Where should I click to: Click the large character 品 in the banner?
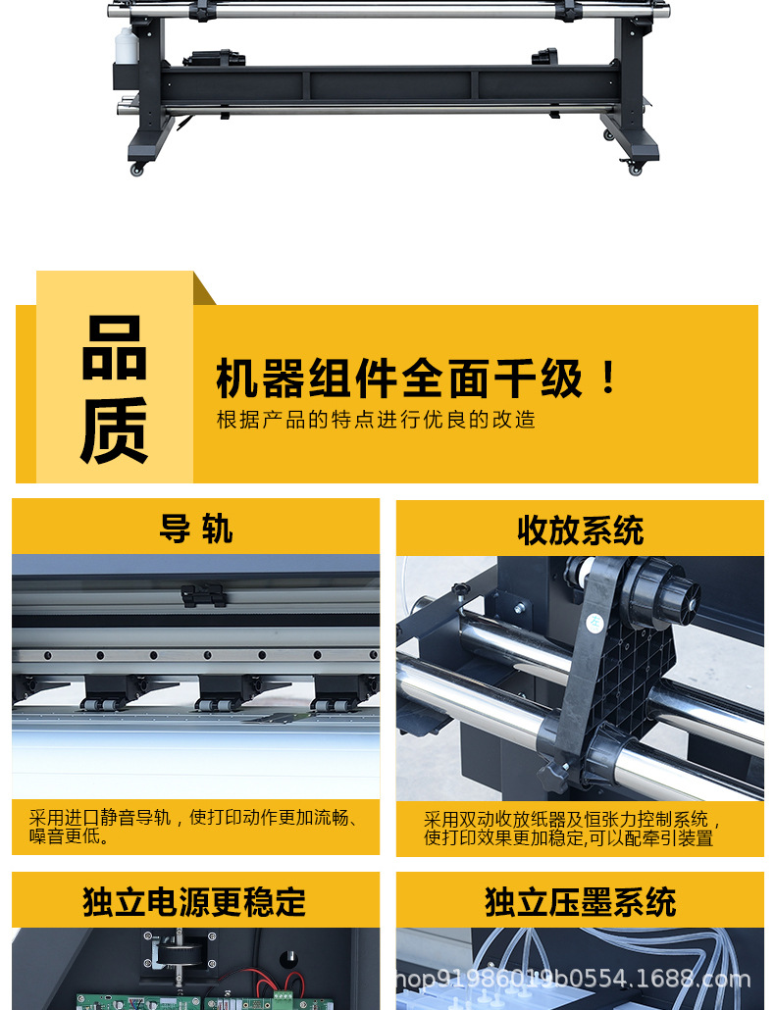click(x=115, y=348)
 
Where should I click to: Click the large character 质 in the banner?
click(x=115, y=429)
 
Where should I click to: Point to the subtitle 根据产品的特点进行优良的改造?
click(x=376, y=421)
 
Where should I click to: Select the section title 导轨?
click(x=195, y=529)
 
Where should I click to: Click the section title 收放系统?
click(x=580, y=530)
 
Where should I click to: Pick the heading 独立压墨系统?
click(x=580, y=901)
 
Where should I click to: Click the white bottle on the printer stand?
click(x=125, y=46)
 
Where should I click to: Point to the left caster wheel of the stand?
click(x=137, y=170)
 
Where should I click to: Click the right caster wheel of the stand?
click(x=635, y=169)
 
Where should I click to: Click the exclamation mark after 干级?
click(x=608, y=379)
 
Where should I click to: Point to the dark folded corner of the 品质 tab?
click(x=204, y=288)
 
